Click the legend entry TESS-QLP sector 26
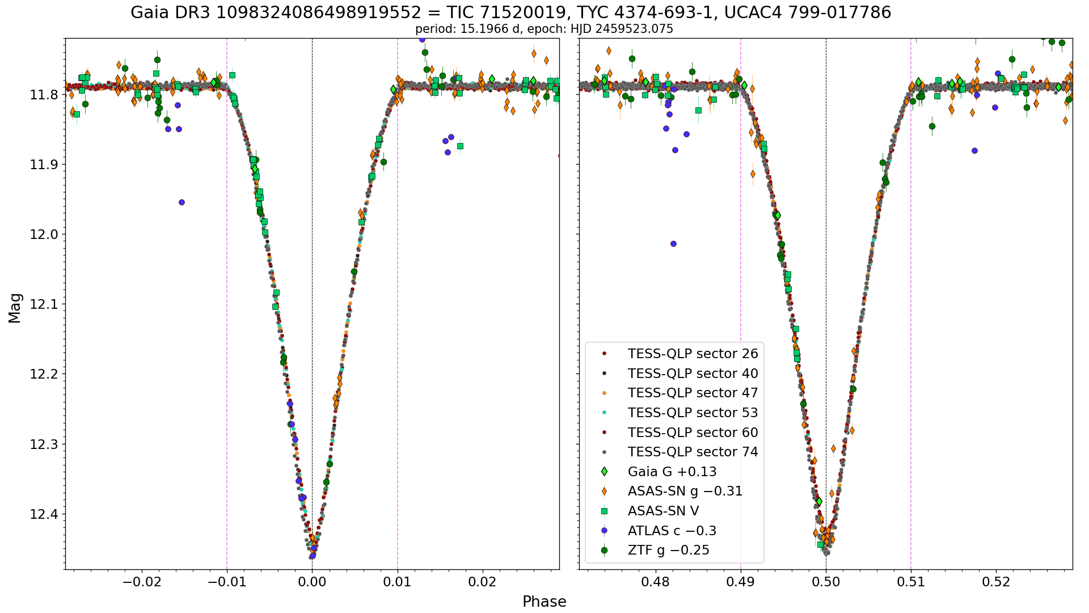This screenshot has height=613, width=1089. [680, 354]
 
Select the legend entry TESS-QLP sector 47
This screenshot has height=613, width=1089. [680, 393]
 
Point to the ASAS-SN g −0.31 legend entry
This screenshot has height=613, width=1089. [672, 491]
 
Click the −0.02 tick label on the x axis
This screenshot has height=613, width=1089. [141, 582]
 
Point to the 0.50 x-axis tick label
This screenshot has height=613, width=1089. [826, 582]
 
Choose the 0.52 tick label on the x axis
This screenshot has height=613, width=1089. [997, 582]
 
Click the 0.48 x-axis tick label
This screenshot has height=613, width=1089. [656, 582]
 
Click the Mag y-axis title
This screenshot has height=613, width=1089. [15, 308]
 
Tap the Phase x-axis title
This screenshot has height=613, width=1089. [544, 602]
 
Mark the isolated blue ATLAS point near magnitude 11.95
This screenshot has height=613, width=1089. [181, 202]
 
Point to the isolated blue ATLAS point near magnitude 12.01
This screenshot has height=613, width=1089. [673, 243]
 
